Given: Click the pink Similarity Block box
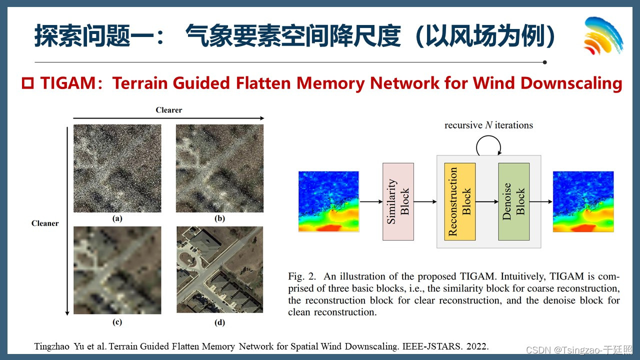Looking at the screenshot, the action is pyautogui.click(x=398, y=201).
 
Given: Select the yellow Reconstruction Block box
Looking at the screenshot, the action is pyautogui.click(x=459, y=201).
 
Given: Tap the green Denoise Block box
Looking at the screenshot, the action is pyautogui.click(x=513, y=201).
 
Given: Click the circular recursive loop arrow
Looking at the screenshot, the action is pyautogui.click(x=489, y=145).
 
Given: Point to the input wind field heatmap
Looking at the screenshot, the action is pyautogui.click(x=328, y=201).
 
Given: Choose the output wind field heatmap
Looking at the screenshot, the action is pyautogui.click(x=583, y=201).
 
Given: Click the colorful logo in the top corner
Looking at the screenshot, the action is pyautogui.click(x=603, y=35).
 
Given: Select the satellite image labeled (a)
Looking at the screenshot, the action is pyautogui.click(x=117, y=168).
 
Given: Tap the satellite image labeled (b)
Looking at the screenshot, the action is pyautogui.click(x=219, y=168).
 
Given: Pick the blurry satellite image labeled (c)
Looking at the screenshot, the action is pyautogui.click(x=117, y=270).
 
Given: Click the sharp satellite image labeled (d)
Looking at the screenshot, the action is pyautogui.click(x=219, y=270).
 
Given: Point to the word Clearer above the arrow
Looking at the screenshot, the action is pyautogui.click(x=169, y=110).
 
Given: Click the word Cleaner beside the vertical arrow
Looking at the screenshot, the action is pyautogui.click(x=45, y=223).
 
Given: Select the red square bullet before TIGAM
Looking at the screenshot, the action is pyautogui.click(x=27, y=83).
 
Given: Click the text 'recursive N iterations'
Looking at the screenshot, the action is pyautogui.click(x=489, y=125).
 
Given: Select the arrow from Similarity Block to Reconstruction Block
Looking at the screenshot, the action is pyautogui.click(x=425, y=201).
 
